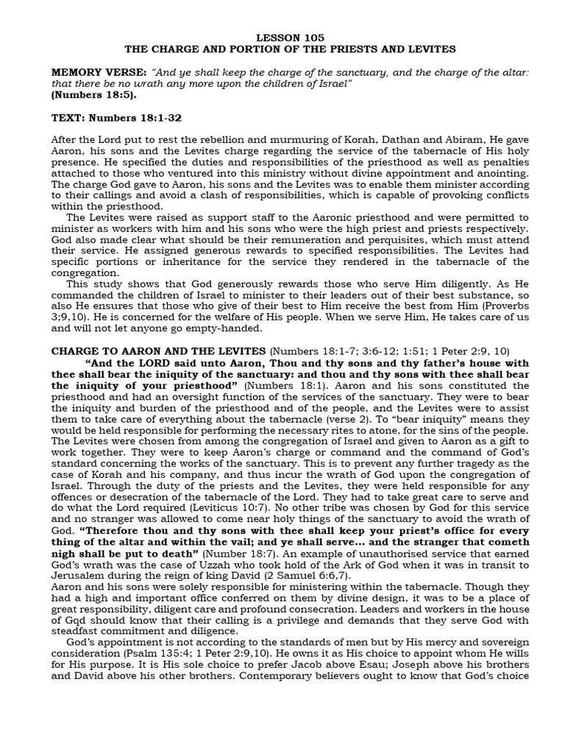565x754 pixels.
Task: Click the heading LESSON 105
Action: [x=289, y=37]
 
